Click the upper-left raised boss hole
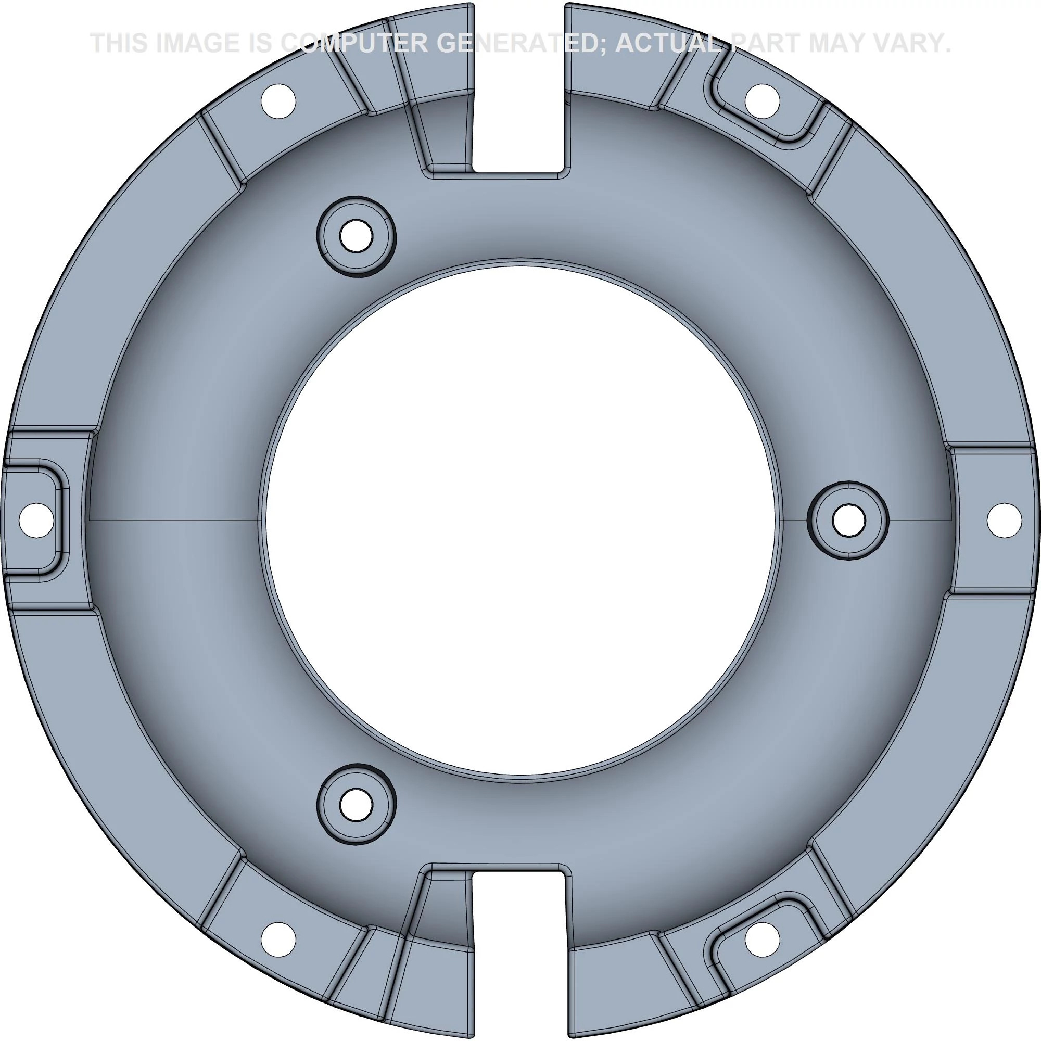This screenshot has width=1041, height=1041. tap(356, 235)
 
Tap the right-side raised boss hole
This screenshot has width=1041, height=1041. tap(848, 520)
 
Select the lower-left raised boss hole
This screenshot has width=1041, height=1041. tap(356, 805)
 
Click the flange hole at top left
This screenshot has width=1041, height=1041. tap(278, 101)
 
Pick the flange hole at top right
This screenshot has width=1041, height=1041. tap(763, 101)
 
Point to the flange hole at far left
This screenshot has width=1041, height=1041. tap(36, 520)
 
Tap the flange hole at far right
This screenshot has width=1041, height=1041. tap(1005, 520)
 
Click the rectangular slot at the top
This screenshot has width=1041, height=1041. tap(519, 89)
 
